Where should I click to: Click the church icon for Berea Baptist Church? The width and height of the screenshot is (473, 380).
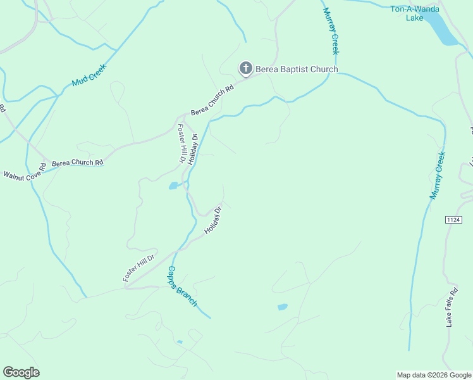pyautogui.click(x=245, y=68)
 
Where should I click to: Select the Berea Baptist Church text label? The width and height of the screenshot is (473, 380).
pyautogui.click(x=297, y=69)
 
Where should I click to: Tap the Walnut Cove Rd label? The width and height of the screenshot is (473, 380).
pyautogui.click(x=25, y=170)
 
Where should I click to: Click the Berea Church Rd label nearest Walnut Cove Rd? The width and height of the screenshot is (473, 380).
pyautogui.click(x=77, y=163)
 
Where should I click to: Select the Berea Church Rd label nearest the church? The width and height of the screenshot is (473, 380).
pyautogui.click(x=212, y=100)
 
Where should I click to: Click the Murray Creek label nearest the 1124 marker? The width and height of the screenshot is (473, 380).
pyautogui.click(x=438, y=175)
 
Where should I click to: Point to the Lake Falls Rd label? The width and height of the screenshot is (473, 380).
pyautogui.click(x=451, y=310)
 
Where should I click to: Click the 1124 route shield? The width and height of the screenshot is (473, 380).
pyautogui.click(x=453, y=220)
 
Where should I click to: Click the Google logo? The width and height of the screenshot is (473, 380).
pyautogui.click(x=21, y=372)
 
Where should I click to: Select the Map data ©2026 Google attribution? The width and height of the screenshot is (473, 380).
pyautogui.click(x=434, y=375)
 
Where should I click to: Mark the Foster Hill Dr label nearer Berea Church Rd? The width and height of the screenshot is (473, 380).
pyautogui.click(x=181, y=143)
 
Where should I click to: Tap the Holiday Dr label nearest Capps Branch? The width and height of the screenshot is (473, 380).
pyautogui.click(x=214, y=220)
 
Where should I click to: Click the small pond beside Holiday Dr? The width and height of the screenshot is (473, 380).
pyautogui.click(x=173, y=186)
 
